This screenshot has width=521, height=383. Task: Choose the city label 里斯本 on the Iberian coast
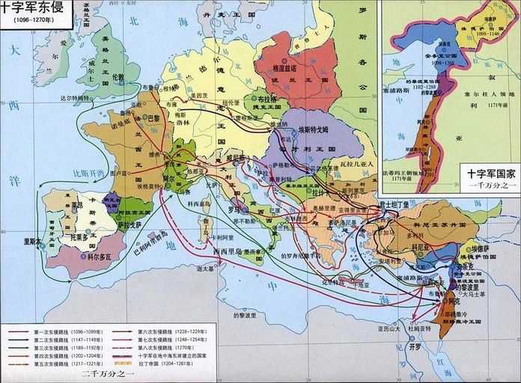coord(33,241)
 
